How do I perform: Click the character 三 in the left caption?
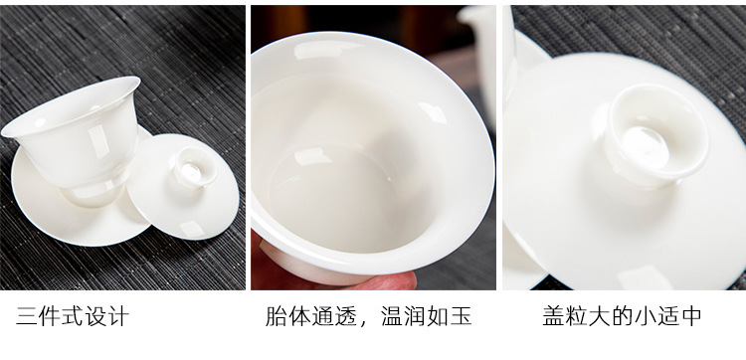click(27, 316)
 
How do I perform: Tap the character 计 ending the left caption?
click(118, 316)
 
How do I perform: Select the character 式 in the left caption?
click(73, 316)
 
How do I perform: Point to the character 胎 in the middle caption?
click(276, 316)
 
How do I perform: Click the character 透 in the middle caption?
click(346, 316)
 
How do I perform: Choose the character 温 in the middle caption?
click(392, 316)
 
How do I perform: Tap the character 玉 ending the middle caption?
click(461, 316)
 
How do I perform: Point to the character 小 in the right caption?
click(646, 316)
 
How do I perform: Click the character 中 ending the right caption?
click(691, 316)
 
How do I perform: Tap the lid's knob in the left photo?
click(194, 168)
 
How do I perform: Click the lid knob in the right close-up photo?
click(654, 135)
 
